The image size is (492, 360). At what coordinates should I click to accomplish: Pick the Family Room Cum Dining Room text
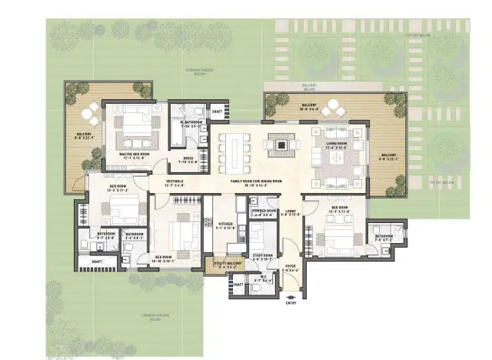[257, 182]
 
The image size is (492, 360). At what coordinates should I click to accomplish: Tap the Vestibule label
[174, 182]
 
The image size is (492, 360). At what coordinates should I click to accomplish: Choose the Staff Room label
[263, 256]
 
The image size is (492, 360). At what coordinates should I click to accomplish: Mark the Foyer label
[291, 268]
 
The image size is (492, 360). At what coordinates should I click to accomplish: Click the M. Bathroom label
[191, 123]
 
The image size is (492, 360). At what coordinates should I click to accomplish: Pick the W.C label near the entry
[264, 278]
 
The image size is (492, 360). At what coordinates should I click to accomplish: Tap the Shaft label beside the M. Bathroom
[217, 112]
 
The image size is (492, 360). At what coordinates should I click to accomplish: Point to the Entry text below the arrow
[291, 303]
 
